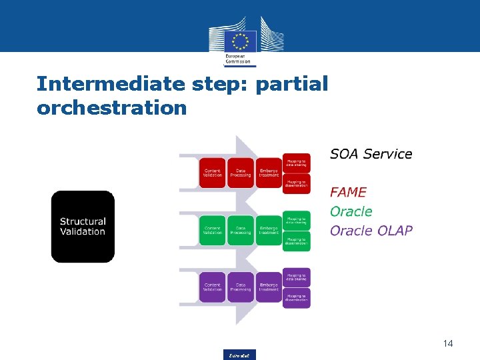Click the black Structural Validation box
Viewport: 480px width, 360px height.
tap(83, 227)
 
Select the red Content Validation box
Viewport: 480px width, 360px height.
tap(213, 173)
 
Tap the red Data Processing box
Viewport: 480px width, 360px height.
tap(241, 173)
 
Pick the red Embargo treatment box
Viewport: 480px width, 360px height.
tap(269, 173)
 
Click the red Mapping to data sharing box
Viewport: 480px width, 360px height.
tap(297, 163)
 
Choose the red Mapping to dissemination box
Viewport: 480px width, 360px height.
tap(297, 183)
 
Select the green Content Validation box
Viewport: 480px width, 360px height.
tap(213, 230)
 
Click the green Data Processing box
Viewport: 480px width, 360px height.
tap(241, 230)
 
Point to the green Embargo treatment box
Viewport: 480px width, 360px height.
tap(269, 230)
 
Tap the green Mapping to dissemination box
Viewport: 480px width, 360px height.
tap(297, 241)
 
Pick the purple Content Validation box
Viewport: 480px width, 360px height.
tap(213, 287)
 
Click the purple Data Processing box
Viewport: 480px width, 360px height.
tap(241, 287)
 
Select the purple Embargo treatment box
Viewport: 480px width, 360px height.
tap(269, 287)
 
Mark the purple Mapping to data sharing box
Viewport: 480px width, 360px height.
tap(297, 277)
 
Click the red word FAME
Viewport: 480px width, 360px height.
tap(348, 192)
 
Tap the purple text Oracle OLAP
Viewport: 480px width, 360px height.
tap(371, 231)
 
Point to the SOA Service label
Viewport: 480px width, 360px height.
tap(371, 154)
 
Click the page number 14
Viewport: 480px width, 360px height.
tap(447, 343)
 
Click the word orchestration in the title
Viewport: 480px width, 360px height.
tap(112, 107)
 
